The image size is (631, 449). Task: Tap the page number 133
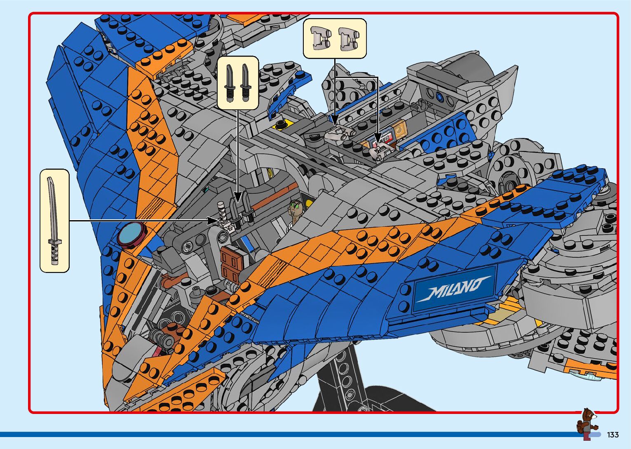(x=612, y=435)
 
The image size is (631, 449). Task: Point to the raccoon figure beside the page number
(x=587, y=424)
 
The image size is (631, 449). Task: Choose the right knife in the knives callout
(x=246, y=82)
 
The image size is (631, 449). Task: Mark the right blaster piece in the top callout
(x=348, y=38)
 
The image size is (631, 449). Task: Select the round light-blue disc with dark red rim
(x=131, y=234)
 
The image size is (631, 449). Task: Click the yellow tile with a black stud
(x=282, y=124)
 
